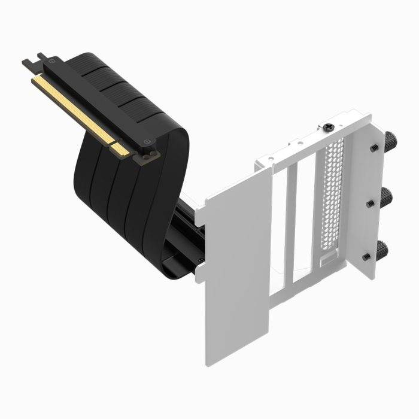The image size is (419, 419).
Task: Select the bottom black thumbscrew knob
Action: (x=382, y=248)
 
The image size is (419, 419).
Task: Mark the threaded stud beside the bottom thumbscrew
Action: (x=367, y=256)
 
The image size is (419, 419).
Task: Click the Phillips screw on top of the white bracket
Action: (x=329, y=128)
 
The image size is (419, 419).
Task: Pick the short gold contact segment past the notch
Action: (x=122, y=149)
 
